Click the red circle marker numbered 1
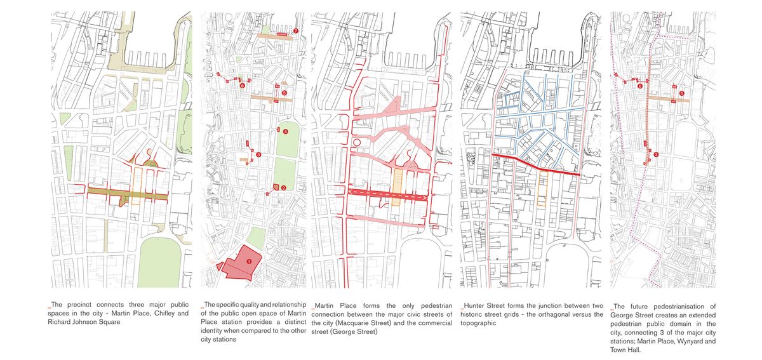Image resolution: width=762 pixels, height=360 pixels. click(249, 260)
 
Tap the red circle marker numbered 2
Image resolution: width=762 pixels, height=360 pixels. click(283, 187)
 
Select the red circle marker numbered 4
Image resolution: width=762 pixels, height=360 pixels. click(286, 131)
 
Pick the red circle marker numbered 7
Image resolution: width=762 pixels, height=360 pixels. click(296, 31)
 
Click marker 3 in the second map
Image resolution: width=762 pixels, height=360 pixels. click(258, 154)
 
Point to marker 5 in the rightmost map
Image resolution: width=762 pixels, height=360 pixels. click(681, 93)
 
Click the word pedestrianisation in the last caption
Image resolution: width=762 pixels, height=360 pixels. click(688, 305)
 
